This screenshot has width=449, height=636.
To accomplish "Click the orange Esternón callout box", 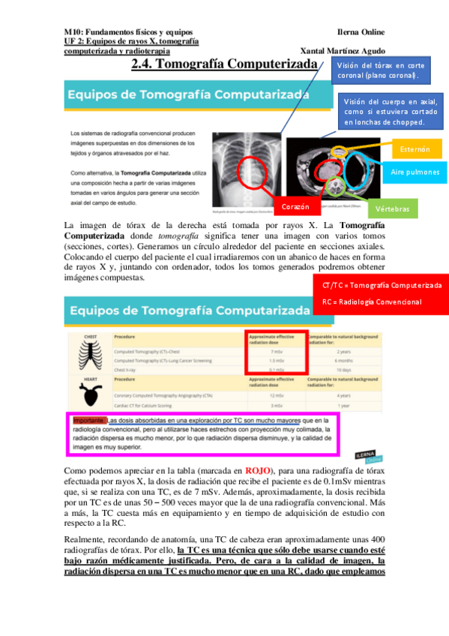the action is coord(415,148).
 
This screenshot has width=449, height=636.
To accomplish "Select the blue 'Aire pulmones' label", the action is coord(415,172).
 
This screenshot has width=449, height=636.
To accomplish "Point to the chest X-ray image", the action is coord(245,165).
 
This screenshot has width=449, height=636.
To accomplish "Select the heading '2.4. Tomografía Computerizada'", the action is coord(225,66).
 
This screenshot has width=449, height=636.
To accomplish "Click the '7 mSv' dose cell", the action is coord(276,350).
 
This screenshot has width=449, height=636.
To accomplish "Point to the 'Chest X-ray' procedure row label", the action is coord(130,370).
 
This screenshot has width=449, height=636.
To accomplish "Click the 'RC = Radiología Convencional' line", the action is coord(372,301).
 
